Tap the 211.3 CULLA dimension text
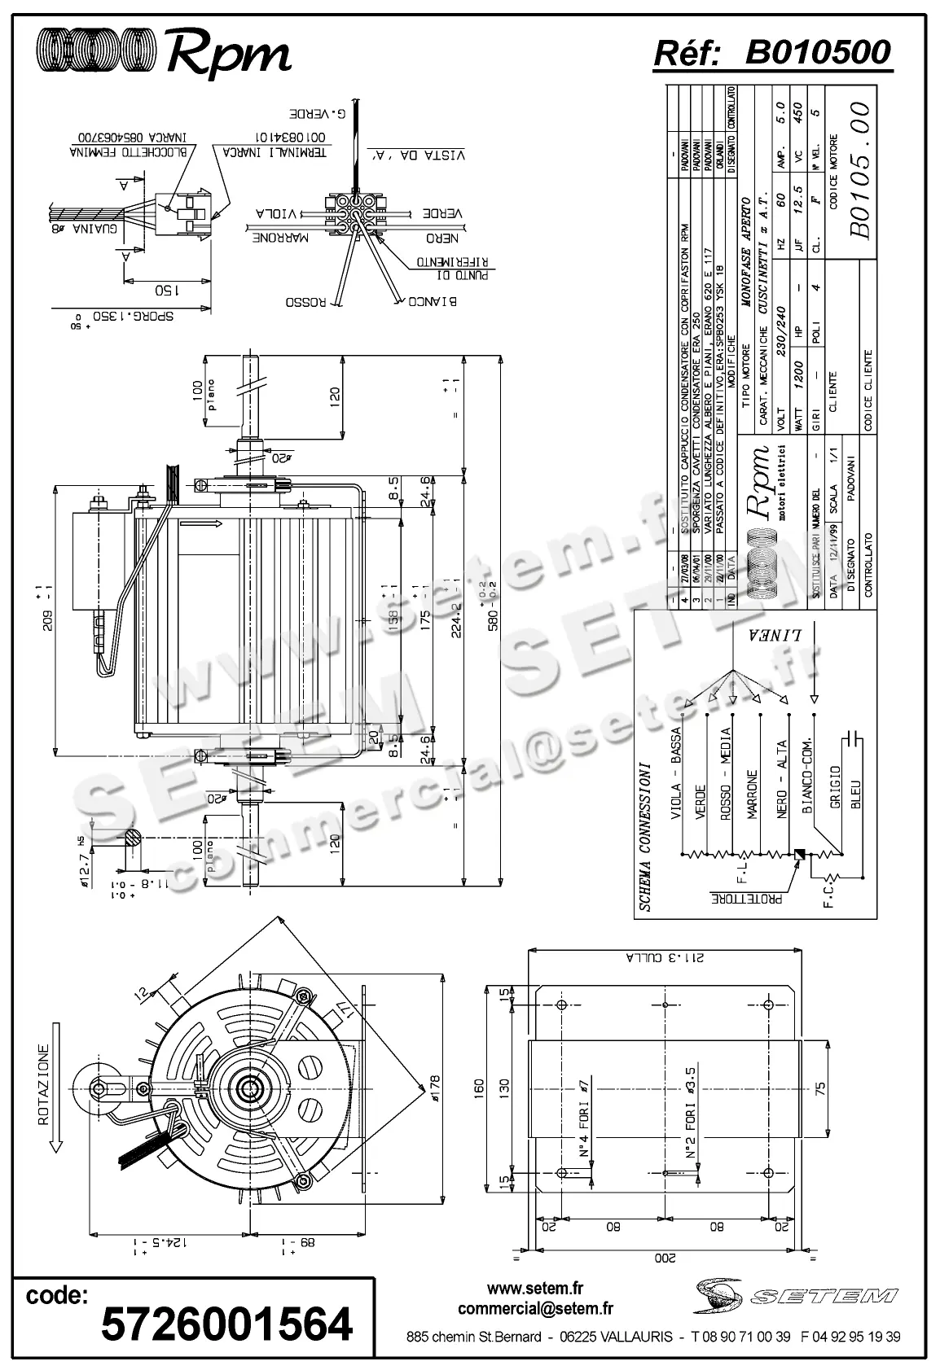pyautogui.click(x=660, y=957)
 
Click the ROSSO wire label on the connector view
pyautogui.click(x=305, y=302)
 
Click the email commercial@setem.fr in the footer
pyautogui.click(x=535, y=1309)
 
